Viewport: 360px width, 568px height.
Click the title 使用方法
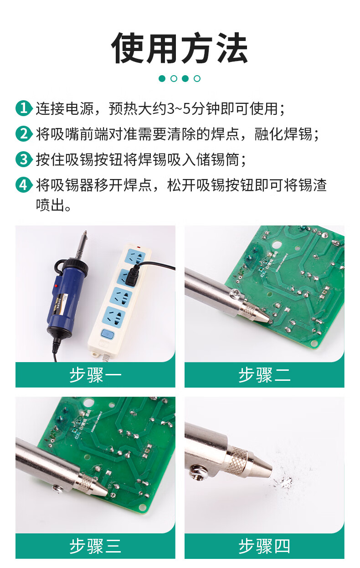(180, 48)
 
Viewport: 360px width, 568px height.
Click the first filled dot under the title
(162, 78)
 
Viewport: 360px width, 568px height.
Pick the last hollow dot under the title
(197, 78)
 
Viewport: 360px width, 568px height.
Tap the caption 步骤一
(95, 375)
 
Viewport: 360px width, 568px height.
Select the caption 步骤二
(264, 375)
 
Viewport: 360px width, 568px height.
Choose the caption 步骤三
(95, 546)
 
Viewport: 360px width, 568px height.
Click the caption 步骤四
(264, 546)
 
